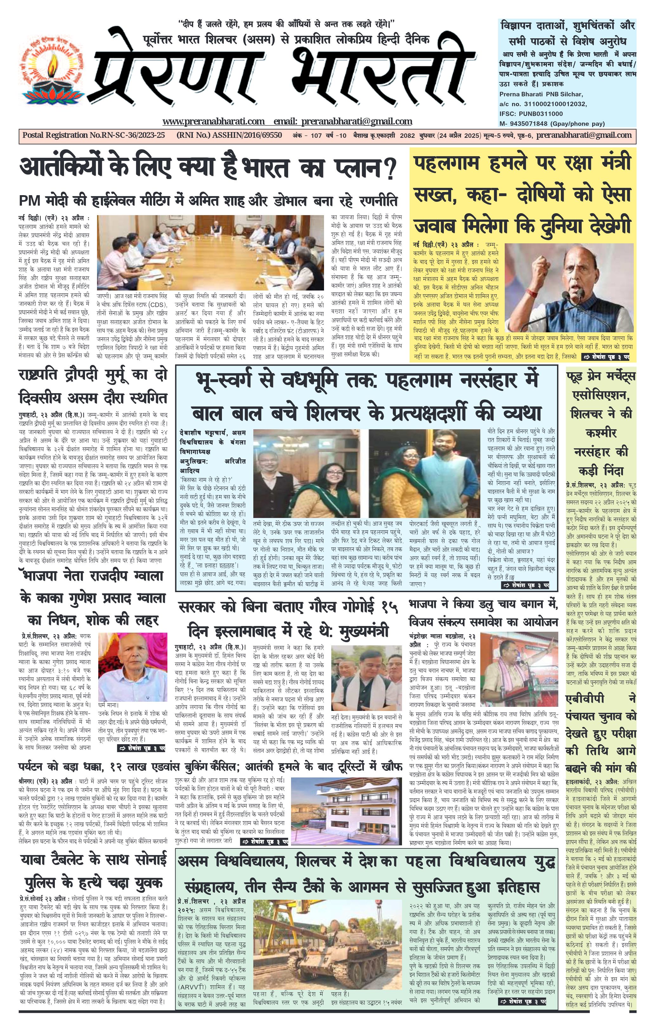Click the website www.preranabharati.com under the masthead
[x=213, y=121]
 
